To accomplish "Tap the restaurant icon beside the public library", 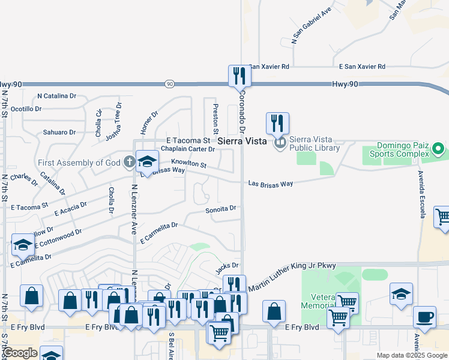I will (x=277, y=124).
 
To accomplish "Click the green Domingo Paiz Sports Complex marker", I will (x=438, y=148).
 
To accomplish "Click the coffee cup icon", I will (x=424, y=317).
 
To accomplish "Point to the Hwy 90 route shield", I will (x=170, y=85).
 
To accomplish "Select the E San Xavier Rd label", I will (x=361, y=67).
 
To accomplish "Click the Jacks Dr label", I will (x=228, y=265).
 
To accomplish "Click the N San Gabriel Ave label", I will (x=311, y=26).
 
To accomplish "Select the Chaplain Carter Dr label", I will (x=188, y=149).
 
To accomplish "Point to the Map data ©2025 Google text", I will (x=411, y=355).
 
